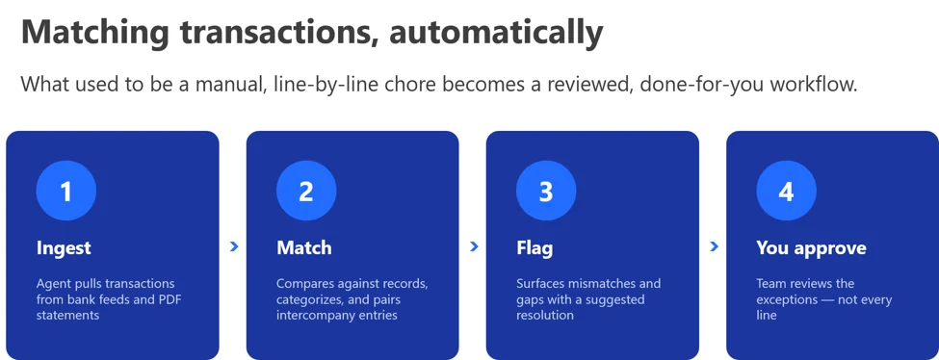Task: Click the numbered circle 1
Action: click(65, 192)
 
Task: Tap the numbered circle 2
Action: click(306, 192)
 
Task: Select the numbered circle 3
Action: click(546, 192)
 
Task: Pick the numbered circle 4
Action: click(786, 192)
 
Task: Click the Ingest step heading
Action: click(64, 248)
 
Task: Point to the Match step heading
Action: click(304, 248)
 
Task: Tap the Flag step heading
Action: click(535, 248)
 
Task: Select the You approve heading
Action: click(811, 248)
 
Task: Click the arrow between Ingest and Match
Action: click(234, 246)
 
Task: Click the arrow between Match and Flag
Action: click(474, 246)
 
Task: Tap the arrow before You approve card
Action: click(714, 246)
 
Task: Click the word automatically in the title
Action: click(496, 33)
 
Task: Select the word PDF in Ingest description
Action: click(169, 299)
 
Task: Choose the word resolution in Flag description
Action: click(545, 315)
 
